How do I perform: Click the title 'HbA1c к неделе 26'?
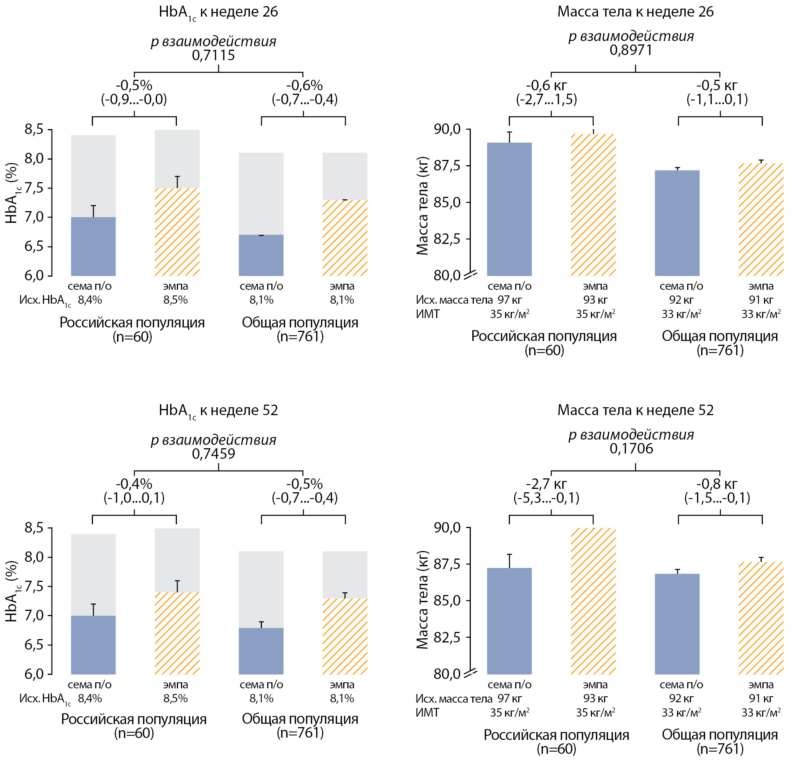(x=218, y=12)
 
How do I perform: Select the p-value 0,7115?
(x=213, y=55)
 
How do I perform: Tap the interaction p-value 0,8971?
(x=631, y=50)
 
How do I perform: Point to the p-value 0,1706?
(x=631, y=448)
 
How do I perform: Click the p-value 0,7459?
(x=213, y=454)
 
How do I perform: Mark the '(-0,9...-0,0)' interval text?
(x=134, y=99)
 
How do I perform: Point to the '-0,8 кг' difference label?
(x=717, y=484)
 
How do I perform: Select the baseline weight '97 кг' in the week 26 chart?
(x=509, y=300)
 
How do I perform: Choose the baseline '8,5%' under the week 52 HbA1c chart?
(x=175, y=699)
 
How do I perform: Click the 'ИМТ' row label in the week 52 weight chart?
(x=427, y=712)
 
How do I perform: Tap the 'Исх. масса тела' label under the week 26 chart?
(x=454, y=300)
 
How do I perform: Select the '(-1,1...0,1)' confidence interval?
(x=717, y=99)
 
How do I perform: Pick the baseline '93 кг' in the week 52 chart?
(x=595, y=699)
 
